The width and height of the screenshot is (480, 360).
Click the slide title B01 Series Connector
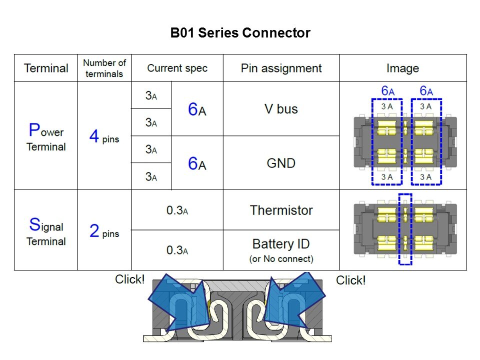240,33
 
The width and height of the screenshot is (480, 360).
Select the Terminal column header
46,68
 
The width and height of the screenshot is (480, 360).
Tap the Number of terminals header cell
104,68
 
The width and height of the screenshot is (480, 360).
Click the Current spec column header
177,68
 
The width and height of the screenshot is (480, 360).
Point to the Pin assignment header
281,68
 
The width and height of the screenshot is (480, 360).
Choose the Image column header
402,68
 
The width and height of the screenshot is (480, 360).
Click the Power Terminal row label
46,136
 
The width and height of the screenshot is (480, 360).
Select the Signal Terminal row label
46,231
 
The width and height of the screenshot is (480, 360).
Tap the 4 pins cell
104,136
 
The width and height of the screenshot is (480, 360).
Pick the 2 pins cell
104,231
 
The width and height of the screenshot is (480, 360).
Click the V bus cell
281,109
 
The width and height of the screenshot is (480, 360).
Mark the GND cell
281,163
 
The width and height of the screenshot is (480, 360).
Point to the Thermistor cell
281,210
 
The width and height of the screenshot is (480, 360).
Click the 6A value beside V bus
197,109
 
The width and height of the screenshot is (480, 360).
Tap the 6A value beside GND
197,163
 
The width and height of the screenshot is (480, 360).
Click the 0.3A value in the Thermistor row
177,210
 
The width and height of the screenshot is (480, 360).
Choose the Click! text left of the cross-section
129,279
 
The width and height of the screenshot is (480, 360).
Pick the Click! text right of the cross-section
350,280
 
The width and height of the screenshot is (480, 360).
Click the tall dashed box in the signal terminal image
405,229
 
